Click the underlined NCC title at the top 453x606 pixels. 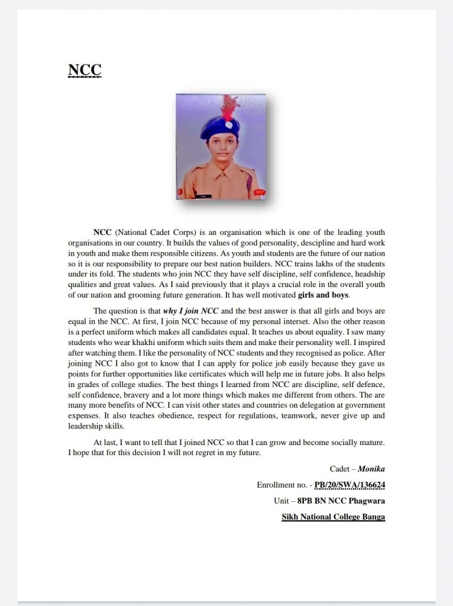85,70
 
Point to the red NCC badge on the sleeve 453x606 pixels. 260,192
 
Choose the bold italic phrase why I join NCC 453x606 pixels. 195,311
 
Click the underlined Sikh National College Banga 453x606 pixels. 334,517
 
